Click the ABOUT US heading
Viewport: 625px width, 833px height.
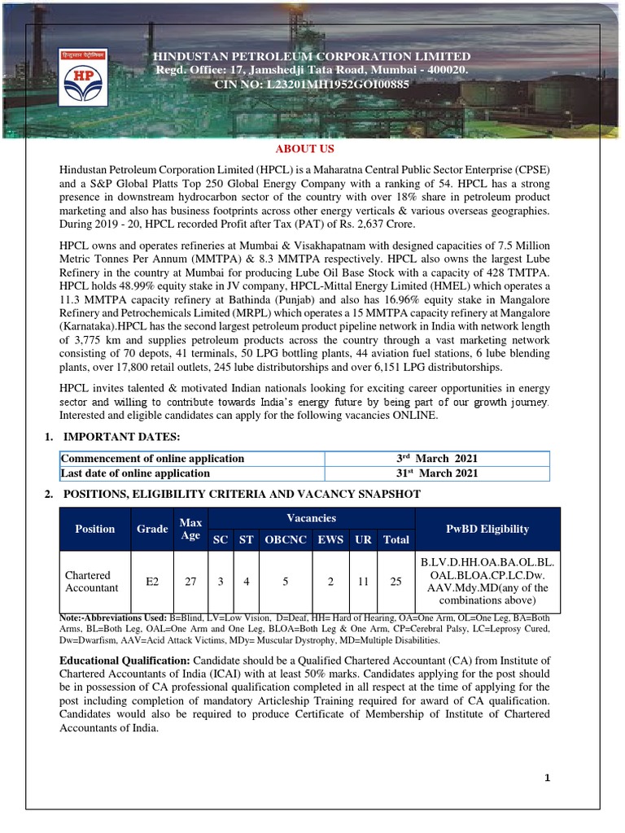304,149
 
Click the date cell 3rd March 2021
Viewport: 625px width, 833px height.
436,458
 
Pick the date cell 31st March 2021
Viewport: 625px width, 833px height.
436,473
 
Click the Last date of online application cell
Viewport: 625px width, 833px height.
136,473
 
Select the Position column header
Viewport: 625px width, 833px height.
95,529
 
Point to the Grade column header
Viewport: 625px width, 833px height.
152,529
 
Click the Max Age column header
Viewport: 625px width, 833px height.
190,528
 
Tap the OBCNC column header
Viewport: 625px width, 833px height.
284,539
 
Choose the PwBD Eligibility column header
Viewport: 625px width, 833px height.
487,529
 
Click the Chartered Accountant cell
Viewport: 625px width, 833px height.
91,582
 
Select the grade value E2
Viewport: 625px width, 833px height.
152,582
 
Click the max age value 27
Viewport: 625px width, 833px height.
190,582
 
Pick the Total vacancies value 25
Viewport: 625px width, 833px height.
396,582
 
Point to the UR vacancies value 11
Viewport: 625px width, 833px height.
363,582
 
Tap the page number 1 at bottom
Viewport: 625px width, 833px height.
548,778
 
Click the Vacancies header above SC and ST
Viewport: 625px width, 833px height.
311,518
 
